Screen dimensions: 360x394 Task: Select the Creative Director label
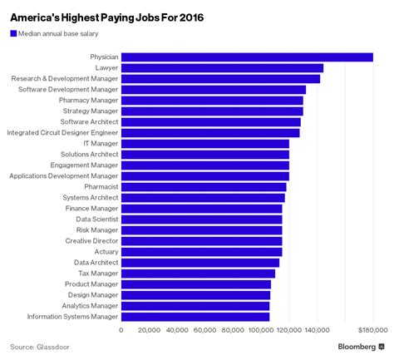[91, 240]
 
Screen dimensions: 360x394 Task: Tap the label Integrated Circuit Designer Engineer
[62, 132]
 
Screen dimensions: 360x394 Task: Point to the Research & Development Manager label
[65, 78]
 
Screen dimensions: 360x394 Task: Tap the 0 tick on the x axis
[121, 330]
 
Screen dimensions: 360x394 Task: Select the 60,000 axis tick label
[205, 330]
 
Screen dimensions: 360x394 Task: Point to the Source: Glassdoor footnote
[39, 347]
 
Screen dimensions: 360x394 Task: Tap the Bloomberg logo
[360, 347]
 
